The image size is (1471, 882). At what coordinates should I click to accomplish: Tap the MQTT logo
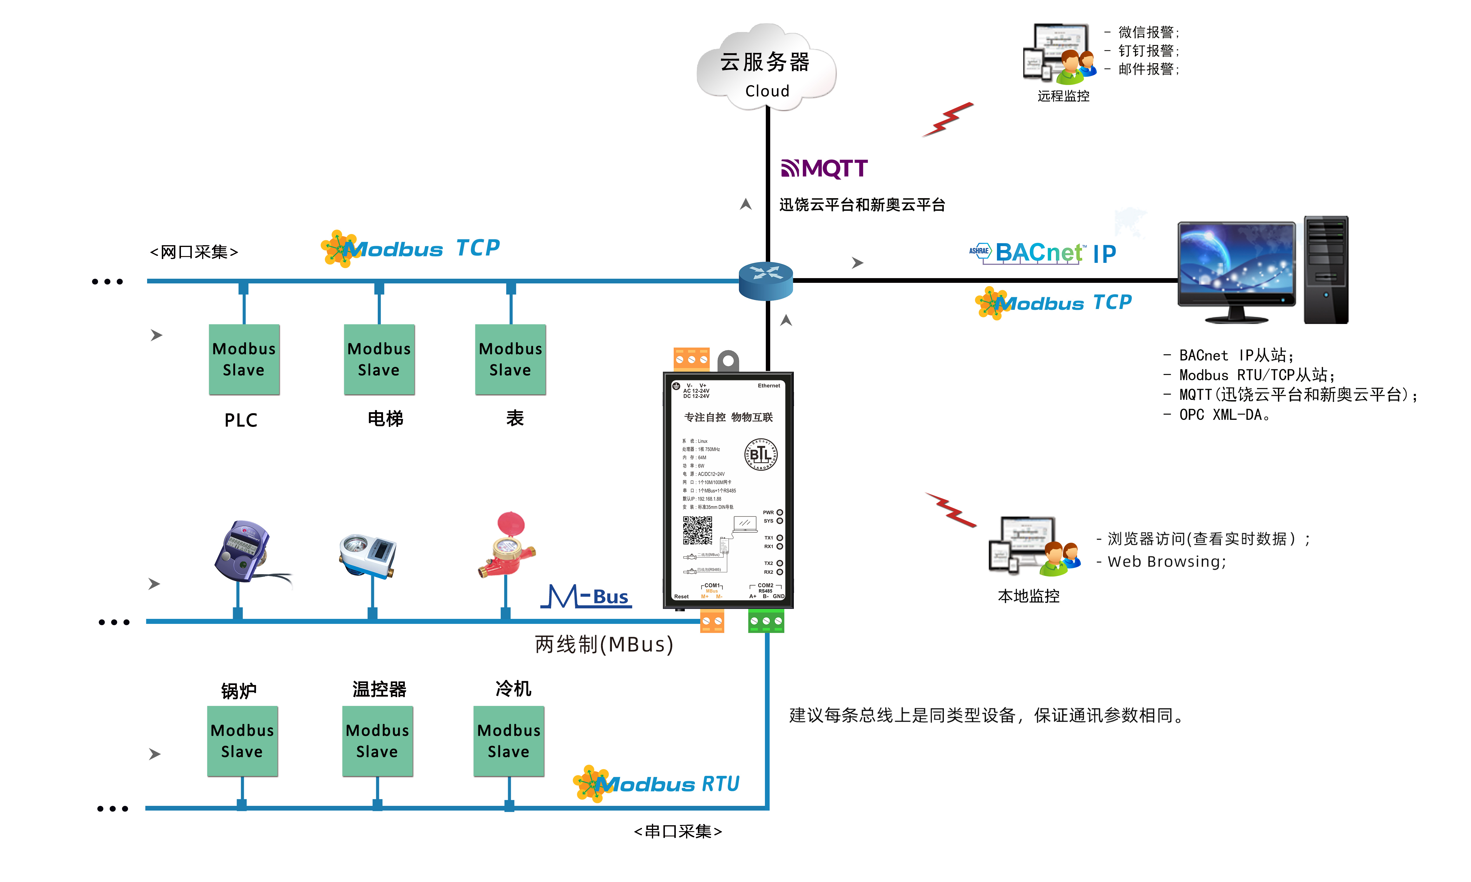(x=824, y=169)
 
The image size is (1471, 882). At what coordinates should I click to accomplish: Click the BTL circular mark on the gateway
(x=761, y=455)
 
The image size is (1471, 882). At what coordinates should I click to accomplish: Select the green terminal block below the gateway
(x=766, y=621)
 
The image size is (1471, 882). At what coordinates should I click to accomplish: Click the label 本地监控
(x=1028, y=596)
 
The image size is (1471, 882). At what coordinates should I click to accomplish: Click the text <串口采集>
(x=678, y=831)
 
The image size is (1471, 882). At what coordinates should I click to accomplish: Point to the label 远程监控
(x=1063, y=96)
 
